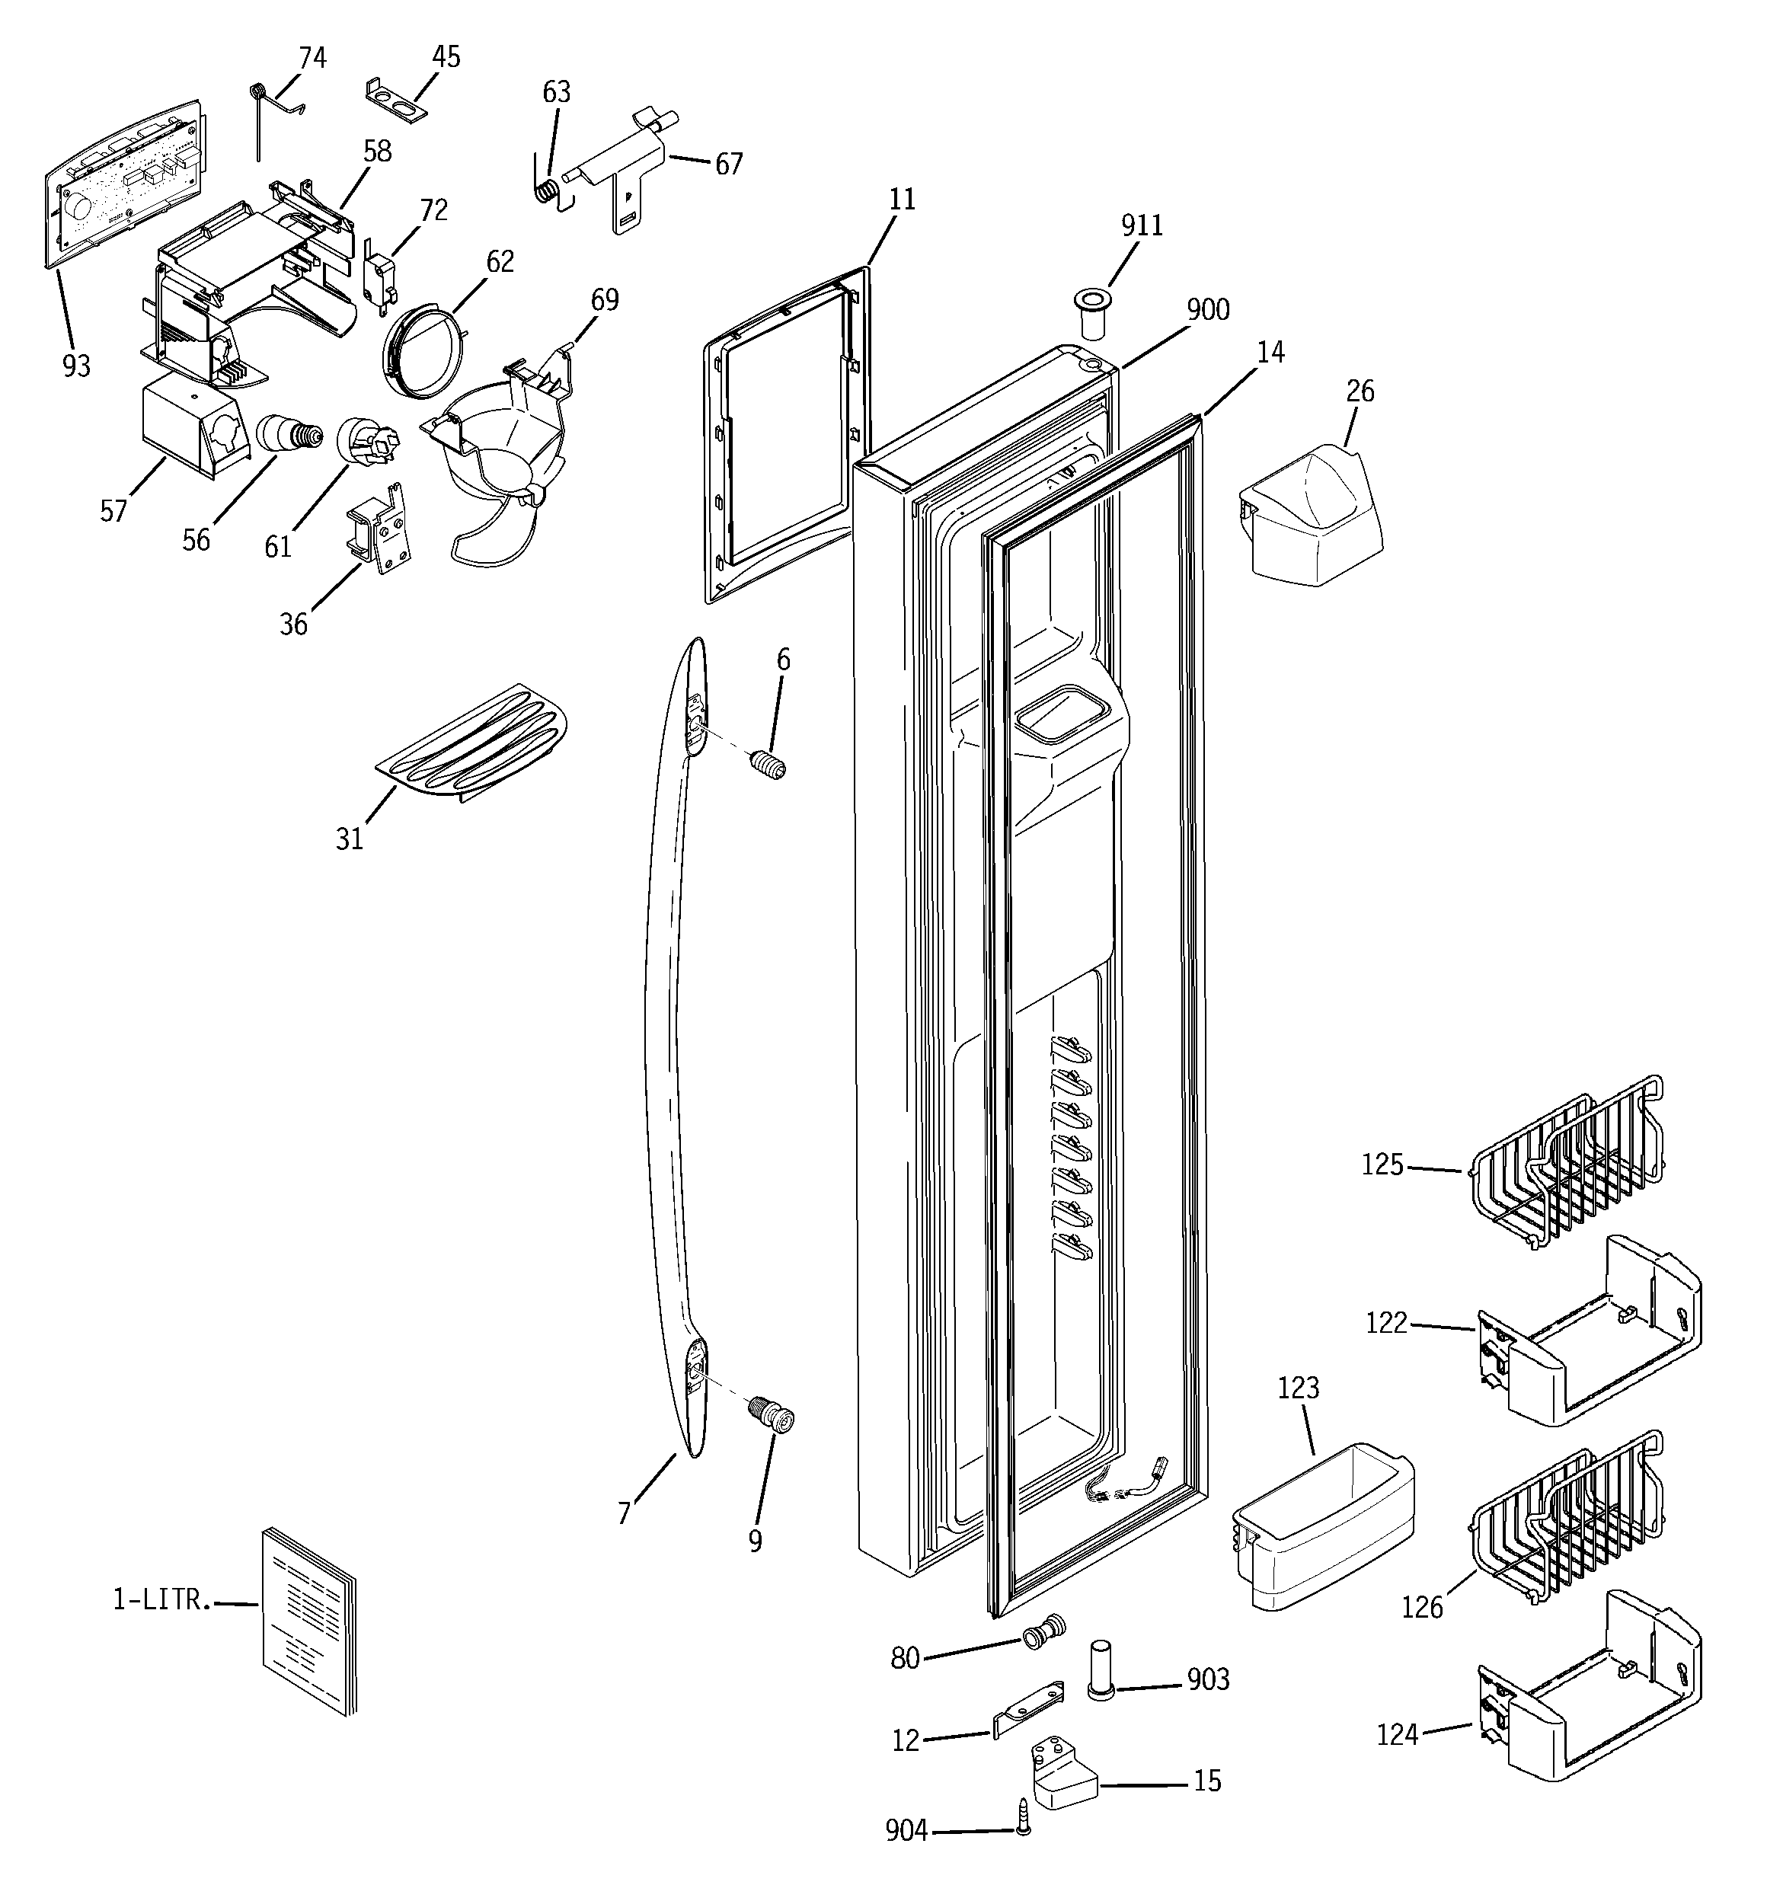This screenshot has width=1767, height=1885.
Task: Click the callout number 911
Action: pos(1142,225)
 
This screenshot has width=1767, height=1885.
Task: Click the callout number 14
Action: pos(1270,353)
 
